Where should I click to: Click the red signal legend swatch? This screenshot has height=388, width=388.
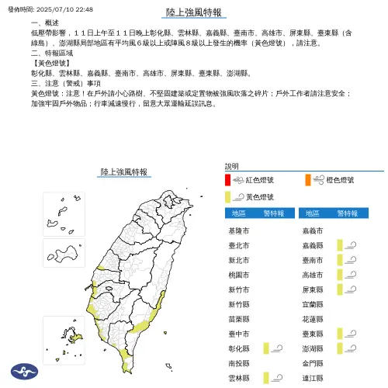[227, 180]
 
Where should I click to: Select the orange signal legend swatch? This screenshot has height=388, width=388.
[308, 180]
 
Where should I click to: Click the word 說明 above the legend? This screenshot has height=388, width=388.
[232, 166]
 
